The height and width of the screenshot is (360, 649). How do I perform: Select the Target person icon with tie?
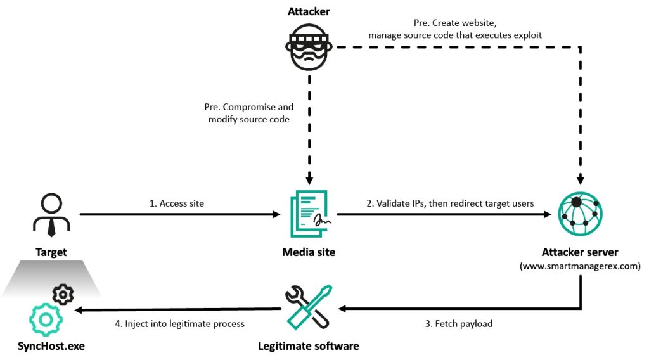(50, 214)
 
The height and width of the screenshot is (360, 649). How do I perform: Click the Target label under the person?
(50, 252)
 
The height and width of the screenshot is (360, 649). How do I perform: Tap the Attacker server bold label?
(580, 252)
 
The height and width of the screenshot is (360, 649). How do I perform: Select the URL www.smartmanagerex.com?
(580, 266)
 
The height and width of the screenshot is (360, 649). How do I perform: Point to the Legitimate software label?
(308, 346)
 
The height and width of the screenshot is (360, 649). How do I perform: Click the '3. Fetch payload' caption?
(459, 324)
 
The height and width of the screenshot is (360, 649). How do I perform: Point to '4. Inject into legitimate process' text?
(179, 324)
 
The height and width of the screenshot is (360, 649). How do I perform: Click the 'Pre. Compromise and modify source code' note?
(250, 113)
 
